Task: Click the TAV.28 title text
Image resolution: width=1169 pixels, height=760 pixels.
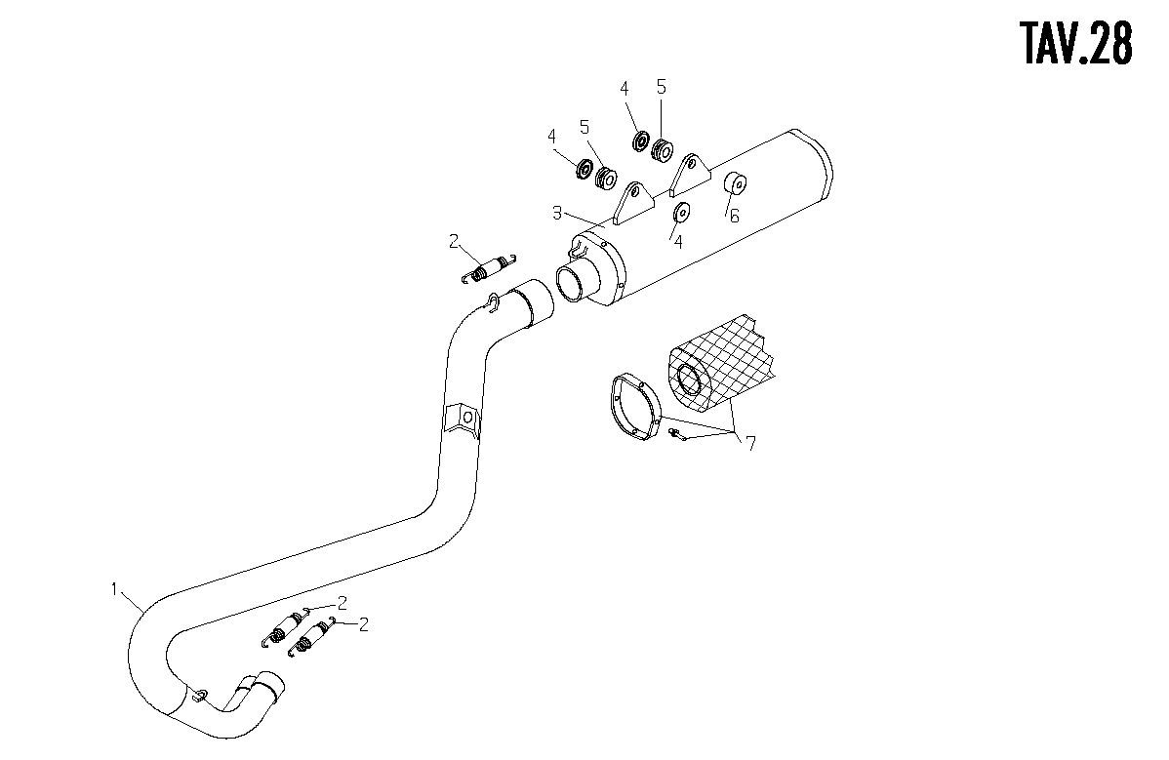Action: [1076, 43]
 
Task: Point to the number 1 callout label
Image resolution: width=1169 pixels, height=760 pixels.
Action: [114, 589]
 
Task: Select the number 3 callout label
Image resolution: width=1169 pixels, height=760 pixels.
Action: [557, 213]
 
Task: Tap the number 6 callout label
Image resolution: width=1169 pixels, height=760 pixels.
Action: [735, 216]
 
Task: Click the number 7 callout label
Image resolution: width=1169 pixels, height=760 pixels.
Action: [750, 444]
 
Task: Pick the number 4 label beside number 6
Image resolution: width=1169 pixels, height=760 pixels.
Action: [678, 242]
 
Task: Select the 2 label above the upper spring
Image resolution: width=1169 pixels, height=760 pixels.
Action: [454, 241]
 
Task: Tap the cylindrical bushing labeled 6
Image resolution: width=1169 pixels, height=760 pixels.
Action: [737, 181]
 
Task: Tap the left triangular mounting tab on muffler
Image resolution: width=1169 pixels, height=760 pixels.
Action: [633, 203]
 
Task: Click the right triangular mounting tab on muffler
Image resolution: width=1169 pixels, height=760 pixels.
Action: [690, 175]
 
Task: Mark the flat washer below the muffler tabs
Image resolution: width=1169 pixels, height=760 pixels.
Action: [681, 213]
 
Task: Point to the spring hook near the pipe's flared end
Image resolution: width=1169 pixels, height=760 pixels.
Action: [491, 301]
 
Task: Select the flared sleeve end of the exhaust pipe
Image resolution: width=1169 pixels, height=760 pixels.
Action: [531, 302]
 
